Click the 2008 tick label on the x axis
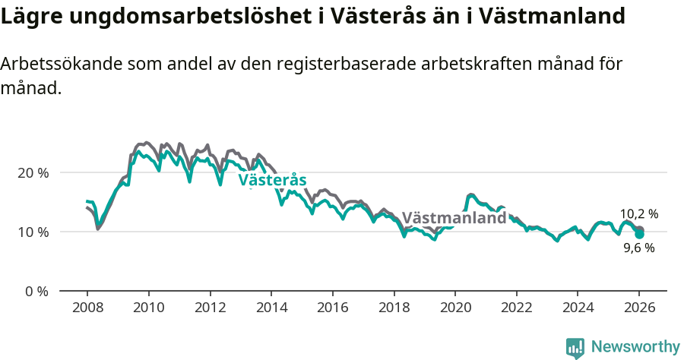[x=87, y=308]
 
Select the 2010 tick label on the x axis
[x=148, y=308]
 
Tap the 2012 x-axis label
[x=210, y=308]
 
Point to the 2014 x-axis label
[x=271, y=308]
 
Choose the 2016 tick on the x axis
[x=332, y=308]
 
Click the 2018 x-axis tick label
[x=394, y=308]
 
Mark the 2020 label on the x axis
[x=455, y=308]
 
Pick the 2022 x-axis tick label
[x=517, y=308]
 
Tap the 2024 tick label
[x=578, y=308]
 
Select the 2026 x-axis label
[x=639, y=308]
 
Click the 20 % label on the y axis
[x=33, y=172]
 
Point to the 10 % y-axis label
[x=33, y=232]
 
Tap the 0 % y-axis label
[x=36, y=291]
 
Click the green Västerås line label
[x=272, y=181]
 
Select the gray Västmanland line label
[x=454, y=218]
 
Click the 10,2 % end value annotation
[x=639, y=214]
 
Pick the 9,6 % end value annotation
[x=639, y=248]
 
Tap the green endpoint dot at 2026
[x=639, y=235]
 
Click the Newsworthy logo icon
[x=575, y=348]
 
